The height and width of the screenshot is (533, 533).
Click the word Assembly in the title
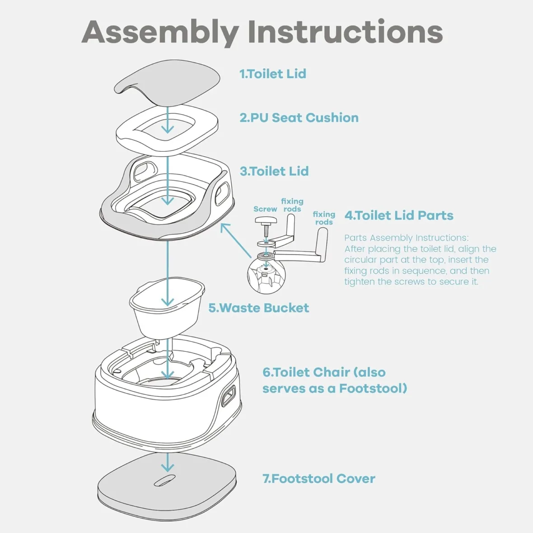pyautogui.click(x=160, y=33)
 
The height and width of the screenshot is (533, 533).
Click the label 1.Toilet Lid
pyautogui.click(x=273, y=74)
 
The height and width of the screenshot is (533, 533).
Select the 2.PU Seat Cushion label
pyautogui.click(x=299, y=118)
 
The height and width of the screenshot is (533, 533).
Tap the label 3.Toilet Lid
pyautogui.click(x=274, y=171)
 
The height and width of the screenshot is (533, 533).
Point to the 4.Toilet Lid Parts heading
pyautogui.click(x=399, y=215)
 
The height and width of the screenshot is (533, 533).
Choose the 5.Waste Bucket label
pyautogui.click(x=259, y=308)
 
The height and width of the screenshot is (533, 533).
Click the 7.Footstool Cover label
pyautogui.click(x=319, y=479)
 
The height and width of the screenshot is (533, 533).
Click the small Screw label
pyautogui.click(x=265, y=209)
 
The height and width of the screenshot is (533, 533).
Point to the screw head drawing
pyautogui.click(x=265, y=220)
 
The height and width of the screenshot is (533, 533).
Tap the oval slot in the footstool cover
pyautogui.click(x=164, y=481)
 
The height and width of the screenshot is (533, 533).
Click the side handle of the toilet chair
pyautogui.click(x=229, y=396)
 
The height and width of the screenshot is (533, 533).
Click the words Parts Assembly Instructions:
pyautogui.click(x=406, y=238)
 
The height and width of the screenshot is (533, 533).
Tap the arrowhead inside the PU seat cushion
pyautogui.click(x=168, y=129)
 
